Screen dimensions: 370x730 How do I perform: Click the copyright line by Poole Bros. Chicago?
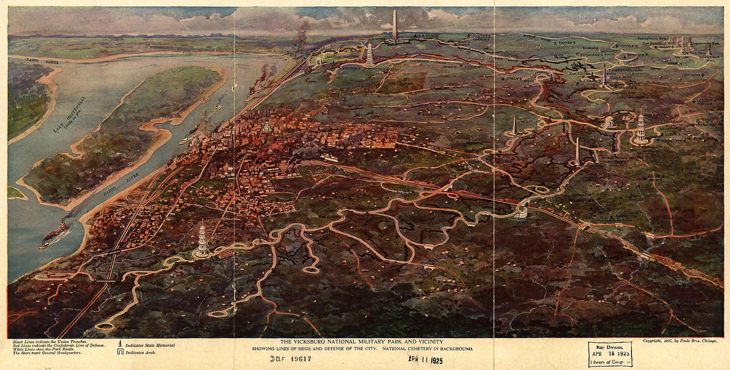(x=680, y=341)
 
